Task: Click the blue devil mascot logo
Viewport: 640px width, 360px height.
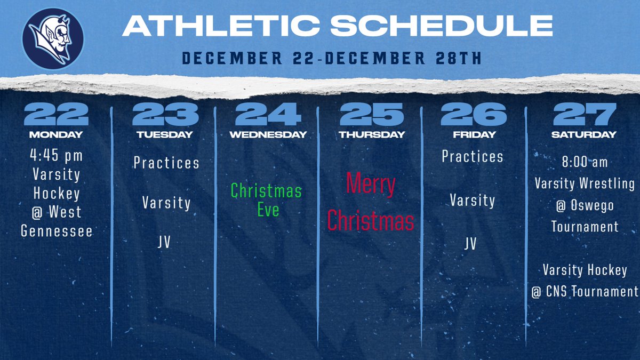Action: pos(53,38)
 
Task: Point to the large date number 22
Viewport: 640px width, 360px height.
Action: pos(56,114)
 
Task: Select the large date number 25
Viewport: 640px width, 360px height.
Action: pos(372,114)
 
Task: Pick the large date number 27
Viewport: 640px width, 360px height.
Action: pos(585,114)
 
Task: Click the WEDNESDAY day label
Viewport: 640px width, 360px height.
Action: pos(268,135)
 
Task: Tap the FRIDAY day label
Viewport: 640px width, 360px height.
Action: pos(473,135)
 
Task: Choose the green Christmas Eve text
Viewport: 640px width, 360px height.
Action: pos(267,199)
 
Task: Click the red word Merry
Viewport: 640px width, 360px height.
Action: pos(371,185)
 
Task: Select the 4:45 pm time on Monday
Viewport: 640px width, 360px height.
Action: pos(56,156)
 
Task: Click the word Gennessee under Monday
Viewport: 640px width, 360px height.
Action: pos(56,231)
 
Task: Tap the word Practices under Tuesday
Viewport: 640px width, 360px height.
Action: pos(166,162)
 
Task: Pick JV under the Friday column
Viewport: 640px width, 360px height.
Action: pos(470,244)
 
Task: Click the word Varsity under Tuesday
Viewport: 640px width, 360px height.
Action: pos(166,203)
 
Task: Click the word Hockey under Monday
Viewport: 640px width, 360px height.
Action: pos(56,193)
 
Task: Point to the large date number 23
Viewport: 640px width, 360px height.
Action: pos(165,114)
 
